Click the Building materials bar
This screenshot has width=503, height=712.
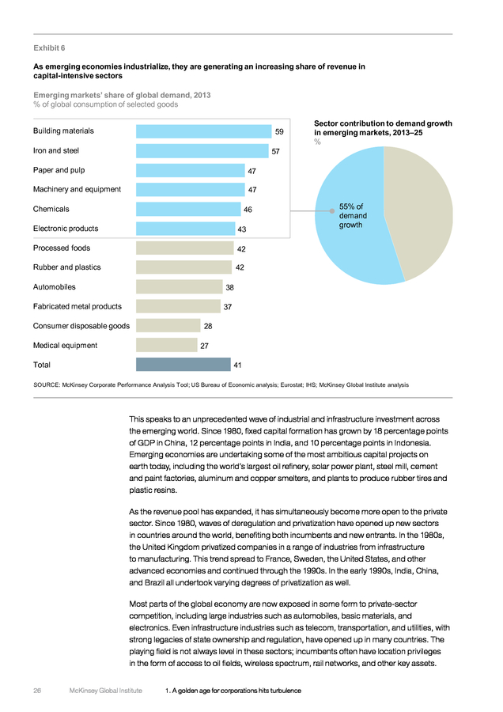[204, 131]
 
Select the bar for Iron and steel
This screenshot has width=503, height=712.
[202, 151]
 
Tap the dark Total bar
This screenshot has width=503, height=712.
[183, 365]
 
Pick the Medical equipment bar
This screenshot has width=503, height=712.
[167, 345]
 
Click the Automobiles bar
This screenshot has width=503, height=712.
[180, 287]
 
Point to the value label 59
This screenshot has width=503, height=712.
[279, 131]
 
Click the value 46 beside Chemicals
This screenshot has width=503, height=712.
[248, 210]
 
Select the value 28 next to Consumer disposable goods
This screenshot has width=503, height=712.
[208, 326]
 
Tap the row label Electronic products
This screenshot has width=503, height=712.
[66, 229]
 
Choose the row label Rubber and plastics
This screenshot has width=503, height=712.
[66, 267]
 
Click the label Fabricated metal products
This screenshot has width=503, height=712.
[78, 306]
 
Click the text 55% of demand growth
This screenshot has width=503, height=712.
[352, 216]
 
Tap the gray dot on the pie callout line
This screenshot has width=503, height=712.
[332, 210]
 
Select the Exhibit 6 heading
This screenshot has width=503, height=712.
[49, 48]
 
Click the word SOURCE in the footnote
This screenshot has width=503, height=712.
[47, 385]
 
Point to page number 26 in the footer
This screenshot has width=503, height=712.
[37, 691]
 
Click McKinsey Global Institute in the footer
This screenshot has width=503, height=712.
[106, 691]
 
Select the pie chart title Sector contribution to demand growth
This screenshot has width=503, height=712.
[383, 123]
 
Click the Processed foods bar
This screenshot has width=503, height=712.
[185, 248]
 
